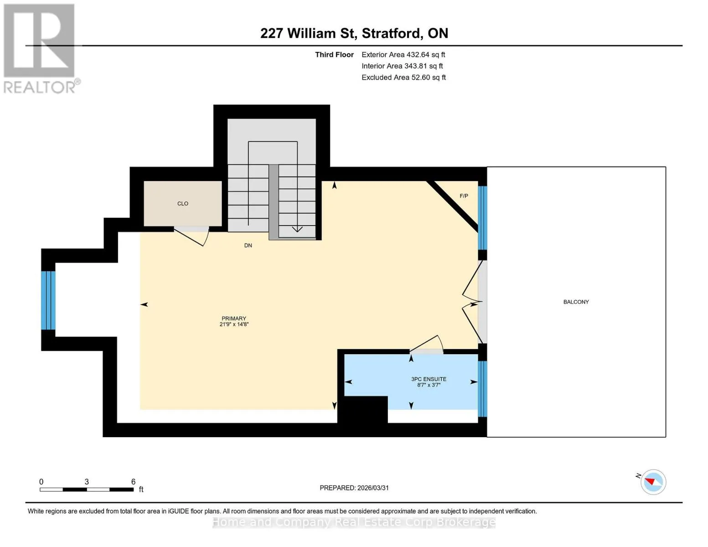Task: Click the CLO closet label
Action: pos(182,204)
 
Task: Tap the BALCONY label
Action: pos(576,302)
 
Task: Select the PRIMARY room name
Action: pos(233,318)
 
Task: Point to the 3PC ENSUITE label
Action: pos(429,379)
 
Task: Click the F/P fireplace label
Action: pos(464,196)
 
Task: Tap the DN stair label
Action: pos(248,245)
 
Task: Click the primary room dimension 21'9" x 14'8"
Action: pos(234,324)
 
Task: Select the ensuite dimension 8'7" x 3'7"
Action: pos(429,385)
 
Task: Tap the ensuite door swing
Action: pos(427,344)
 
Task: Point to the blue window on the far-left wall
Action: pos(48,300)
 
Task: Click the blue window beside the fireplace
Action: pos(482,217)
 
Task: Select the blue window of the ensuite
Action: pos(482,389)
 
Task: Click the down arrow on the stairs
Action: pos(297,229)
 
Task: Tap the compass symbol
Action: pos(653,482)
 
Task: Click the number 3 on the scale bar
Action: pos(87,481)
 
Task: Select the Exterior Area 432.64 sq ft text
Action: pos(403,55)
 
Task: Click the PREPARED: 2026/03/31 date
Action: pos(354,488)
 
